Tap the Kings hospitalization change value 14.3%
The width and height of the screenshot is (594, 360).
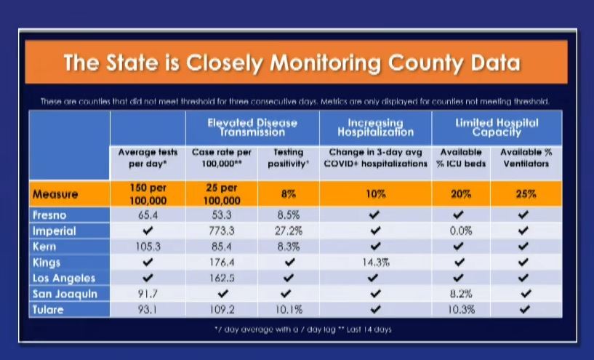(376, 263)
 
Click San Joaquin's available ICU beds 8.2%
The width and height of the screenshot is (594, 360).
(460, 294)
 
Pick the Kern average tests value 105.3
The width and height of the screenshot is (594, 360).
(148, 247)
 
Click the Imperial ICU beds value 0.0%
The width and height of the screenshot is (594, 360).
(460, 231)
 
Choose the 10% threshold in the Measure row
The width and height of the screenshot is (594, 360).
(376, 195)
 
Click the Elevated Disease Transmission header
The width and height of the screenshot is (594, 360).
(252, 127)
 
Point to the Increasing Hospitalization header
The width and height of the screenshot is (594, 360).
(375, 127)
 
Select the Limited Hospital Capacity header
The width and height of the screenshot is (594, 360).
(497, 127)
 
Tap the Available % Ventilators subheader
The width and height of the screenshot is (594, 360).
(526, 158)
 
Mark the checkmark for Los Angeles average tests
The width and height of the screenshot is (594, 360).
(148, 278)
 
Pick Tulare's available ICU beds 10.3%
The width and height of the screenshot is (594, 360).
(460, 310)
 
